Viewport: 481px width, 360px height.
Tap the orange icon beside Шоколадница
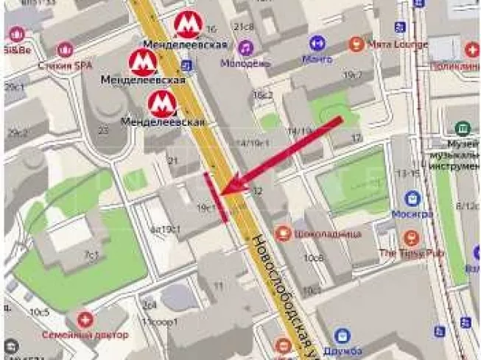click(282, 233)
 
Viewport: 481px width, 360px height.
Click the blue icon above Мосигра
click(412, 198)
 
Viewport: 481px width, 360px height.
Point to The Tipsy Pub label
click(412, 253)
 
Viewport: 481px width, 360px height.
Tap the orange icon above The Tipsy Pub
click(412, 237)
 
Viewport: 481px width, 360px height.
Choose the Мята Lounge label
click(399, 44)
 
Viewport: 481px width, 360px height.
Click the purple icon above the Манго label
click(317, 43)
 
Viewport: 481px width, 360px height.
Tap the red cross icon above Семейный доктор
click(86, 320)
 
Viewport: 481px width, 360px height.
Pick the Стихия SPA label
click(66, 66)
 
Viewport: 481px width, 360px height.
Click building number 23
click(103, 130)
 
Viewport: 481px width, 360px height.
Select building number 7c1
click(91, 255)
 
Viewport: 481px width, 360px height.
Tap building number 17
click(357, 138)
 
